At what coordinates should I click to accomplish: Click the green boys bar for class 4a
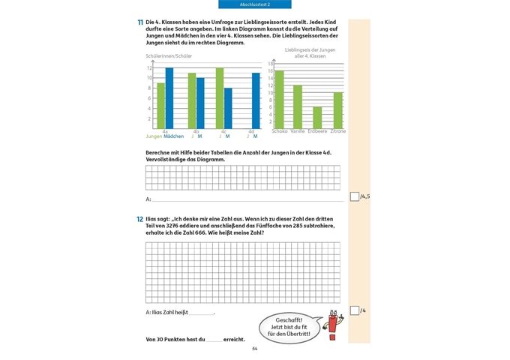[x=160, y=106]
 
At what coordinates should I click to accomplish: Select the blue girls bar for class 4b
[x=200, y=103]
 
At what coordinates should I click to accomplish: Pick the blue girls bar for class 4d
[x=256, y=100]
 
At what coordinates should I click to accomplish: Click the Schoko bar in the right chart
[x=280, y=100]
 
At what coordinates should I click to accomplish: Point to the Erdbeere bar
[x=317, y=118]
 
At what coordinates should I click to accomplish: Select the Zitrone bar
[x=337, y=110]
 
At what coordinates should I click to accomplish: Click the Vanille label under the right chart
[x=298, y=132]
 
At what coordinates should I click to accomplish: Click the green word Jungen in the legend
[x=154, y=136]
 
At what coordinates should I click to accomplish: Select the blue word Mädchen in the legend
[x=174, y=136]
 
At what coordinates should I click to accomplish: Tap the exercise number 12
[x=140, y=218]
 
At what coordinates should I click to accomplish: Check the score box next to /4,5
[x=355, y=196]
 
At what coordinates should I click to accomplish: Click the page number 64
[x=254, y=349]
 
